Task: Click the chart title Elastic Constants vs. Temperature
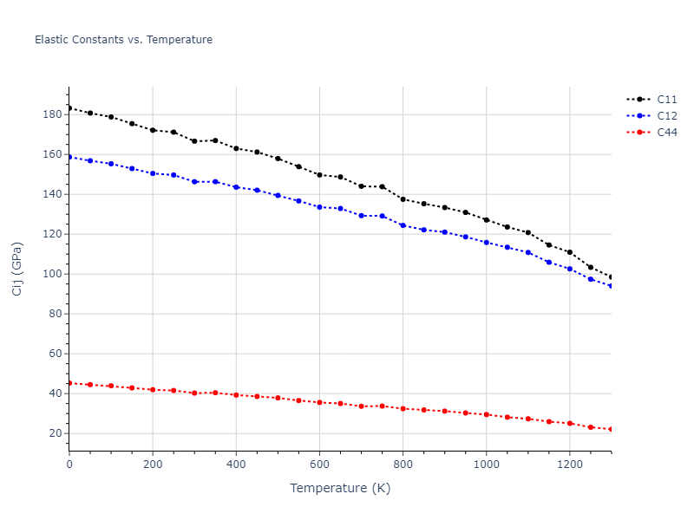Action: (123, 40)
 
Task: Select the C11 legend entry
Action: (666, 100)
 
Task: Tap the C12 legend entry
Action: (666, 116)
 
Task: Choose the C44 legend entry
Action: (666, 133)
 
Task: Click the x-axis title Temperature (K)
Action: (340, 488)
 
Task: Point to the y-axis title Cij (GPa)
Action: (17, 269)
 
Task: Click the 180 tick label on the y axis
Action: (51, 114)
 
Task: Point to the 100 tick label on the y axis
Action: (51, 274)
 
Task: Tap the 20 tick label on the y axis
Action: (54, 433)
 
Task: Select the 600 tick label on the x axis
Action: (319, 464)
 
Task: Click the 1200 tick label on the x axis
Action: (569, 464)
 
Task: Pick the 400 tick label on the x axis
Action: (236, 464)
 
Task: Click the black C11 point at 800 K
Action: (403, 199)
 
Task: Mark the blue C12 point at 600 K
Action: (319, 207)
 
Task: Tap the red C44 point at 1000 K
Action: (486, 414)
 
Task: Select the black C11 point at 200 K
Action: (153, 130)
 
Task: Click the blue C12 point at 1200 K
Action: (569, 269)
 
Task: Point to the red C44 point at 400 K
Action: (236, 394)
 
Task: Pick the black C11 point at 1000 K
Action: (486, 220)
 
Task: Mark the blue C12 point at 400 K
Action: (236, 187)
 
